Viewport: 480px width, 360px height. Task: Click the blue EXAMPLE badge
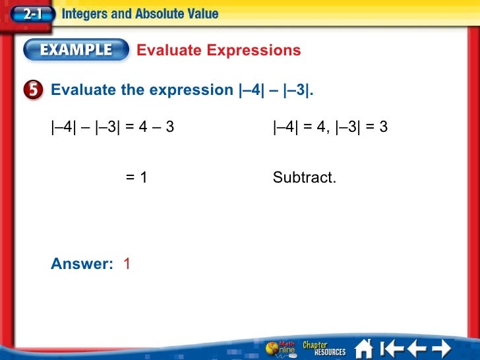pyautogui.click(x=76, y=50)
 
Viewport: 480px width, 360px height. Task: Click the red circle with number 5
pyautogui.click(x=36, y=90)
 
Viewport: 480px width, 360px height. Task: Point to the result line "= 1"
pyautogui.click(x=136, y=177)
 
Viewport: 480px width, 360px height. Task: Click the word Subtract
pyautogui.click(x=304, y=177)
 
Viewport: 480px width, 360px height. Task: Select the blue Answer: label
pyautogui.click(x=82, y=264)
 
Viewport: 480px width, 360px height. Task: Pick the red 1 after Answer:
pyautogui.click(x=127, y=264)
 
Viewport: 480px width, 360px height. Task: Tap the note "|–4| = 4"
pyautogui.click(x=297, y=127)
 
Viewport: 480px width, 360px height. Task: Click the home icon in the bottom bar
pyautogui.click(x=364, y=347)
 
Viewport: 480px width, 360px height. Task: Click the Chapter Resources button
pyautogui.click(x=324, y=347)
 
